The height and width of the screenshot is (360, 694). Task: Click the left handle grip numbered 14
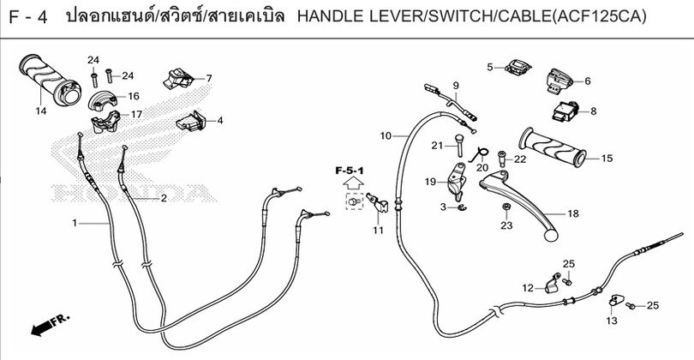pyautogui.click(x=50, y=80)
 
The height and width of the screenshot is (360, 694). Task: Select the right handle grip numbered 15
pyautogui.click(x=553, y=147)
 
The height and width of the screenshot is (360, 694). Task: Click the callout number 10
pyautogui.click(x=386, y=136)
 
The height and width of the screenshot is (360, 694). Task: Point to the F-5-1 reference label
pyautogui.click(x=350, y=171)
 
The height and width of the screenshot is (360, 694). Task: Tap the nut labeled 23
pyautogui.click(x=506, y=207)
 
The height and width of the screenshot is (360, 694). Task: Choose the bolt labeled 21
pyautogui.click(x=459, y=145)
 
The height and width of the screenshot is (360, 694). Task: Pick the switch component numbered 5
pyautogui.click(x=518, y=68)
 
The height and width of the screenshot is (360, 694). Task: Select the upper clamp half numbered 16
pyautogui.click(x=102, y=100)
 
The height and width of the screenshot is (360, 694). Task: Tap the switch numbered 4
pyautogui.click(x=191, y=121)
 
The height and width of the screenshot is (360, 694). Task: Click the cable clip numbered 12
pyautogui.click(x=550, y=284)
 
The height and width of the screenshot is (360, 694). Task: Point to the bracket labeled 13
pyautogui.click(x=616, y=300)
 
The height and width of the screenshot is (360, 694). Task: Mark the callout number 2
pyautogui.click(x=164, y=198)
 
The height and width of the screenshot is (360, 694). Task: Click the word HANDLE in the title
pyautogui.click(x=324, y=17)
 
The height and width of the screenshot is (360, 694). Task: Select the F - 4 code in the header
pyautogui.click(x=28, y=18)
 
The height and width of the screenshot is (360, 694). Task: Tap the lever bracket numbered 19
pyautogui.click(x=456, y=180)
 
